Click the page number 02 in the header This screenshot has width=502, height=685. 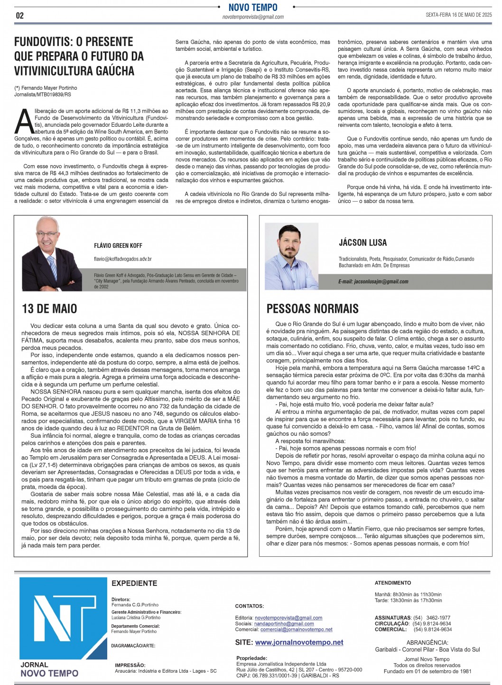tap(19, 15)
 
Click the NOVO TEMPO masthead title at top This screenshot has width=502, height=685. tap(253, 7)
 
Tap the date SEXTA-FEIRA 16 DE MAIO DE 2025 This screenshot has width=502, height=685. tap(458, 15)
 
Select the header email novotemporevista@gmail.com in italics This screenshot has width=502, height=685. tap(253, 17)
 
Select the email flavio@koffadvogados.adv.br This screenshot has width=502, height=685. tap(122, 259)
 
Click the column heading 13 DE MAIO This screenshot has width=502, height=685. tap(49, 309)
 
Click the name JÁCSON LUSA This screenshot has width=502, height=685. tap(363, 243)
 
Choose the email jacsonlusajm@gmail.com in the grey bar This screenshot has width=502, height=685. tap(373, 282)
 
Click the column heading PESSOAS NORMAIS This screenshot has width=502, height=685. tap(312, 309)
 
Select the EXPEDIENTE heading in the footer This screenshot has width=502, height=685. tap(134, 583)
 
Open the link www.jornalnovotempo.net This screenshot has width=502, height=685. tap(299, 642)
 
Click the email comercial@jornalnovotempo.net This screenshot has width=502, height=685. tap(296, 629)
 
